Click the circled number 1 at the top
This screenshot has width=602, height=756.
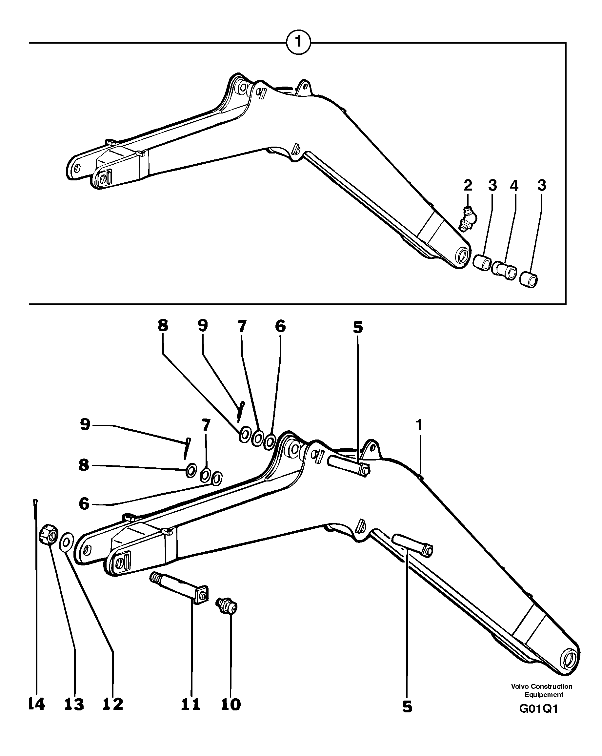pos(298,43)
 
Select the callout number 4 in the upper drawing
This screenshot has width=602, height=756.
pos(514,186)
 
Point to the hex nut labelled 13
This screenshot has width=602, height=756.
pos(50,534)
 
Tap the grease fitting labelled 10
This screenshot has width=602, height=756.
pos(227,606)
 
